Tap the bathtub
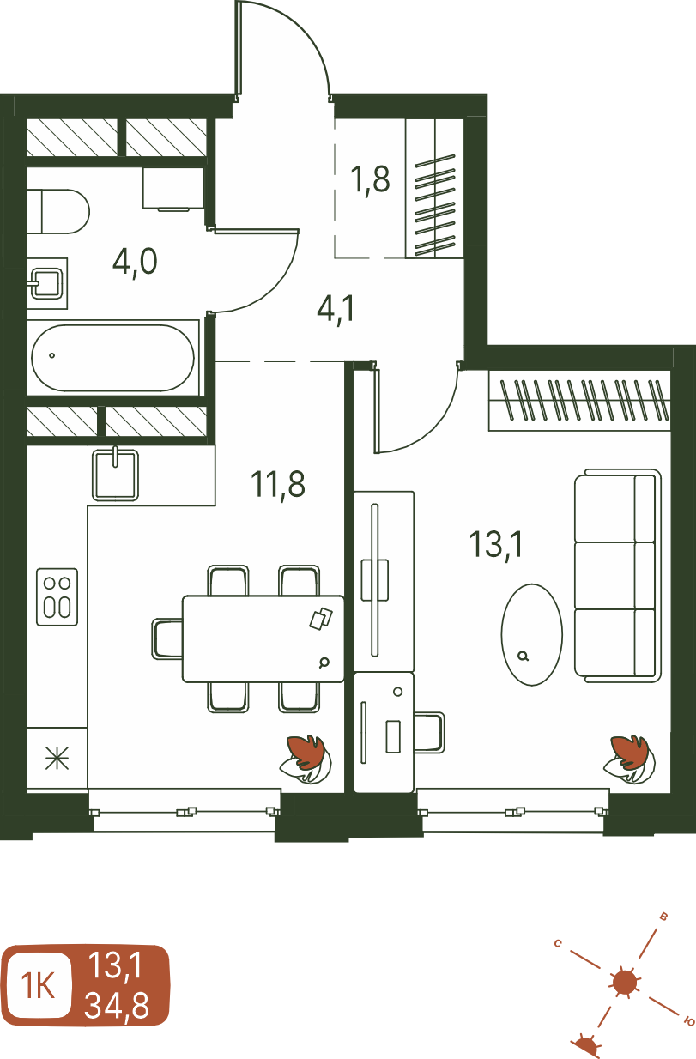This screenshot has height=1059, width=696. click(x=112, y=358)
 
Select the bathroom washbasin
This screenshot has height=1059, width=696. click(x=47, y=284)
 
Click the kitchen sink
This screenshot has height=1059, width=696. click(x=115, y=475)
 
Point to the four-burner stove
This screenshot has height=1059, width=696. click(x=57, y=597)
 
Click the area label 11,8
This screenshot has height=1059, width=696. click(x=277, y=486)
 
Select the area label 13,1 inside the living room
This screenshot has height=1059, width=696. click(x=496, y=545)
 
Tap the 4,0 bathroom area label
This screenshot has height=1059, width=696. click(x=135, y=262)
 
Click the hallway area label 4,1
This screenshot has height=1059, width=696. click(x=336, y=309)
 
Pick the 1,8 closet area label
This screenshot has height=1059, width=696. click(x=370, y=179)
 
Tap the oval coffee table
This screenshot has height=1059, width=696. click(x=532, y=634)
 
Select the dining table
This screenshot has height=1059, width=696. click(x=263, y=638)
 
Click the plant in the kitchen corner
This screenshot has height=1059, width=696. click(x=306, y=759)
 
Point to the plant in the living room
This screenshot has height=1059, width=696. click(x=629, y=759)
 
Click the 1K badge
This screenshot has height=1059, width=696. click(x=39, y=986)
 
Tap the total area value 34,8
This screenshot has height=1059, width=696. click(x=117, y=1005)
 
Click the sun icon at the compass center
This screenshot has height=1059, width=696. click(x=625, y=983)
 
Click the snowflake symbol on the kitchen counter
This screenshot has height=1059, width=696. click(x=57, y=758)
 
